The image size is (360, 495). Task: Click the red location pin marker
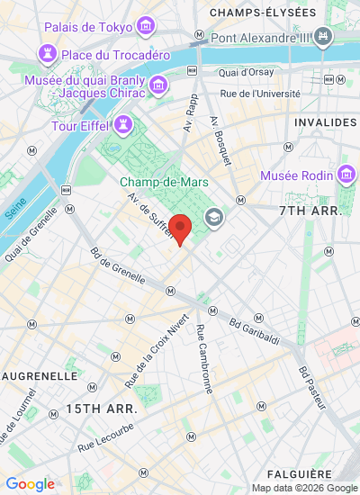181,229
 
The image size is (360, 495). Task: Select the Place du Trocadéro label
116,55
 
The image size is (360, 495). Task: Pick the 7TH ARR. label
307,210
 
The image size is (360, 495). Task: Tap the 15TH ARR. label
101,409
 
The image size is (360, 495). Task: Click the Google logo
30,484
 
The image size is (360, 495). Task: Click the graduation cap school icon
214,217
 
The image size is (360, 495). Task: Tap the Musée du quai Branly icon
159,85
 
